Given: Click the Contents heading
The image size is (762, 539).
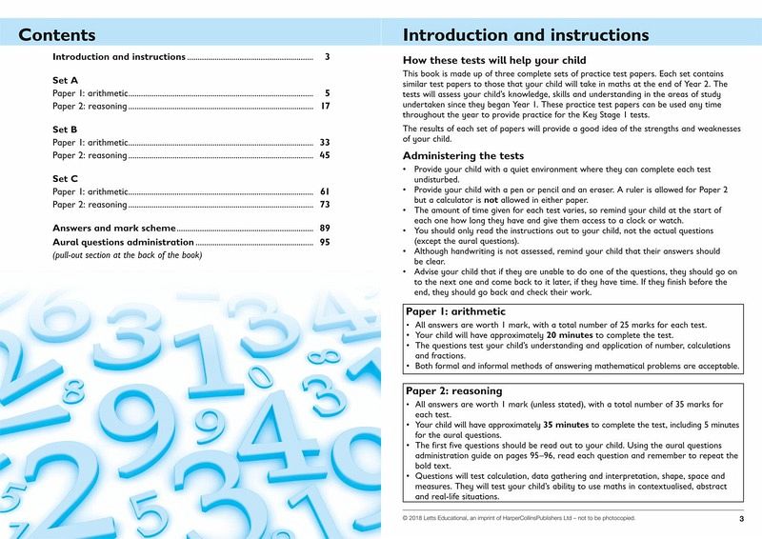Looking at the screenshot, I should tap(57, 35).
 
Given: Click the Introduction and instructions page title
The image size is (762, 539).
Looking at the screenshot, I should tap(526, 35).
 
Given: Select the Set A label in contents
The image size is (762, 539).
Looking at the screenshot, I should tap(65, 80).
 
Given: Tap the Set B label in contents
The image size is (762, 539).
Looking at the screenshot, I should tap(65, 128).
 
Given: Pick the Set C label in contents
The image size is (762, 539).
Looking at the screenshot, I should tap(65, 177).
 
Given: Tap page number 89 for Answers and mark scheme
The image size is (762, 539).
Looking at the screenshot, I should tap(324, 229).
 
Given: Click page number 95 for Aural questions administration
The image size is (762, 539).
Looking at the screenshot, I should tap(324, 243).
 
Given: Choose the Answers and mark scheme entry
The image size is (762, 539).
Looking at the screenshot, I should tap(114, 229).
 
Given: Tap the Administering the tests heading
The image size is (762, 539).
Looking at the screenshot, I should tap(463, 155).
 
